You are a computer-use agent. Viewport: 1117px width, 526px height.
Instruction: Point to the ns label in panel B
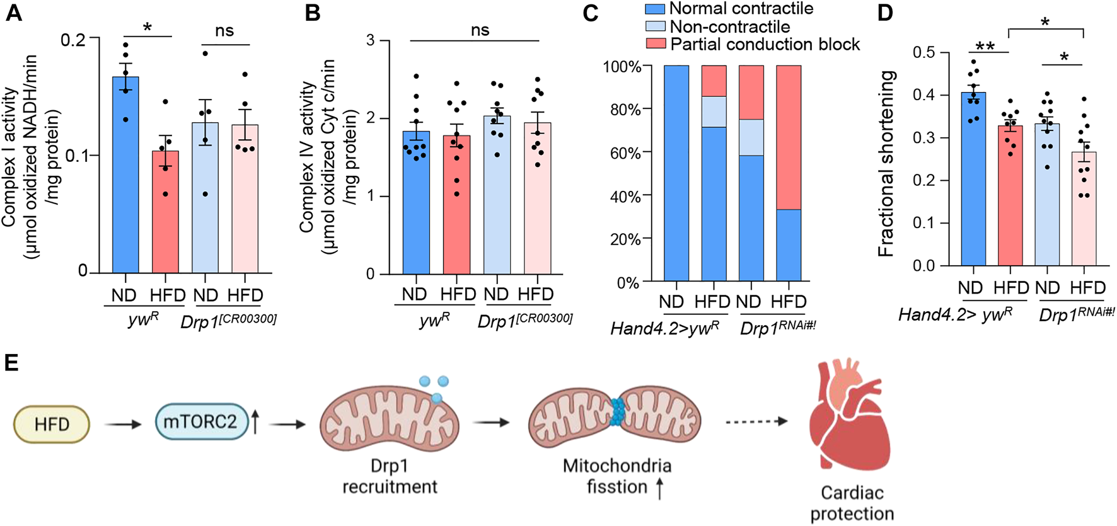point(480,30)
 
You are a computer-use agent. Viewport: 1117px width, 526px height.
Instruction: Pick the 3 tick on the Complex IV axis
point(370,40)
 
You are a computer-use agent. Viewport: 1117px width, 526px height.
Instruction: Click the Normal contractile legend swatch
point(654,9)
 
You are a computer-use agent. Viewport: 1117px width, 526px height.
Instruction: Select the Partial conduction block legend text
point(765,44)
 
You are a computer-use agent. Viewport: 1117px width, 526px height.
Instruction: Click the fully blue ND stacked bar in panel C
point(676,173)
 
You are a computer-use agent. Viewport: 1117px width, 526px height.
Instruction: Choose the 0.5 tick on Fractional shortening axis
point(923,52)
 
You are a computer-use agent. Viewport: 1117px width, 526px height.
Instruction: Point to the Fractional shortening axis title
point(886,164)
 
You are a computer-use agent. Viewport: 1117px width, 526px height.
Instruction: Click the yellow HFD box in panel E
point(52,424)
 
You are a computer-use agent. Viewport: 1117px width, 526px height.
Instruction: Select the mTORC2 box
point(201,421)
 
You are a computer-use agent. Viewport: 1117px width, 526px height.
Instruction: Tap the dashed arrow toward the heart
point(756,421)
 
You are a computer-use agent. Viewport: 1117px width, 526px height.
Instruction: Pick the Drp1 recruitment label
point(390,476)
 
